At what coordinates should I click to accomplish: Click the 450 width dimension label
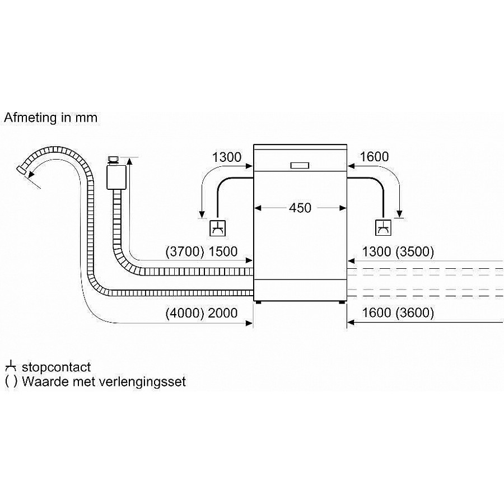pyautogui.click(x=300, y=208)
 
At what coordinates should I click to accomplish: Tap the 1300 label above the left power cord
pyautogui.click(x=226, y=157)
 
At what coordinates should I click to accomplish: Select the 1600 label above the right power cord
pyautogui.click(x=374, y=157)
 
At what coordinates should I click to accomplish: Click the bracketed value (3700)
pyautogui.click(x=185, y=253)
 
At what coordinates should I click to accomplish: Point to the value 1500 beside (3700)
pyautogui.click(x=223, y=253)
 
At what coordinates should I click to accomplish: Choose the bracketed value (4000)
pyautogui.click(x=185, y=314)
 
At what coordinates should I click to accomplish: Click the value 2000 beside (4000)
pyautogui.click(x=223, y=314)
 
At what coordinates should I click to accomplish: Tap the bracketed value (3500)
pyautogui.click(x=414, y=253)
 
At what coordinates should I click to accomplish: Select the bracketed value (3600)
pyautogui.click(x=414, y=314)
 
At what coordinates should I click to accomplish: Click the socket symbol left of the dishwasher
pyautogui.click(x=217, y=228)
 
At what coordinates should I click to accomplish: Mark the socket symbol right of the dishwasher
pyautogui.click(x=383, y=228)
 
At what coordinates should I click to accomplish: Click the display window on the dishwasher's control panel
pyautogui.click(x=300, y=165)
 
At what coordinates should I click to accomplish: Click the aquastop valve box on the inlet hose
pyautogui.click(x=116, y=176)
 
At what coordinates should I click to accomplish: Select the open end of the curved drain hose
pyautogui.click(x=22, y=169)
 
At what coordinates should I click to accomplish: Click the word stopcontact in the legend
pyautogui.click(x=56, y=368)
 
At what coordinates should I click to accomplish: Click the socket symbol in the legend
pyautogui.click(x=11, y=367)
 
